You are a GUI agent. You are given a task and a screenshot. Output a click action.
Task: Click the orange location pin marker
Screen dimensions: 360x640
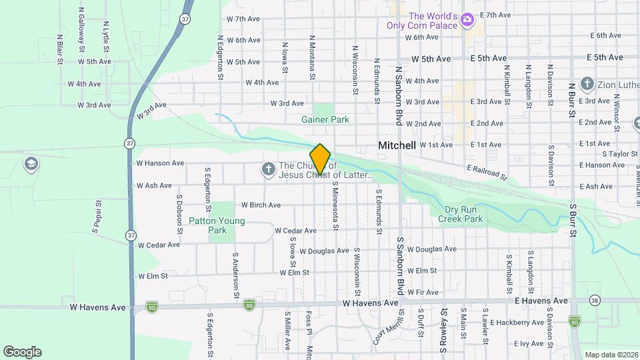point(321,159)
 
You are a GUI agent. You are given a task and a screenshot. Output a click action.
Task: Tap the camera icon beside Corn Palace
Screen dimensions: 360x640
point(468,20)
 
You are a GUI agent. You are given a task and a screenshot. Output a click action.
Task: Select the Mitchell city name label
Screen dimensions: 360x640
point(397,145)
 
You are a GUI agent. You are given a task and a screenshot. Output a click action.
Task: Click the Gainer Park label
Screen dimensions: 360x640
point(325,119)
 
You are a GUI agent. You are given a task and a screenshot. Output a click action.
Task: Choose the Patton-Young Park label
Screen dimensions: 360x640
point(217,225)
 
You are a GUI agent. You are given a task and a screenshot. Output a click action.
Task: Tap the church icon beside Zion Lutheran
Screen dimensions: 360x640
point(587,84)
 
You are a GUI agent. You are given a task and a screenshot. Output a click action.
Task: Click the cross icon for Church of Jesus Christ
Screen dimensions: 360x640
point(268,170)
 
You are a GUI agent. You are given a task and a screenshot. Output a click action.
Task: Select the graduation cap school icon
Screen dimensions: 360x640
point(30,163)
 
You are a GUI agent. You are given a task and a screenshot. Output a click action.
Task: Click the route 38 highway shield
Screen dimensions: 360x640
point(595,301)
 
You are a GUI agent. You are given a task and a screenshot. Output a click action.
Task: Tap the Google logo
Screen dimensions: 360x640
point(22,351)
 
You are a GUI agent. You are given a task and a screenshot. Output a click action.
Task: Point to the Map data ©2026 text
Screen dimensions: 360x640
point(611,355)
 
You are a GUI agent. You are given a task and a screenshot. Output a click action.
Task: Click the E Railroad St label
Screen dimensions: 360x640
point(487,173)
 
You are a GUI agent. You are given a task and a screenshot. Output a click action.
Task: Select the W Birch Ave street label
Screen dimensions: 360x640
point(261,205)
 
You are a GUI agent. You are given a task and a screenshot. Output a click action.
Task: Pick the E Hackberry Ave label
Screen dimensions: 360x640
point(517,323)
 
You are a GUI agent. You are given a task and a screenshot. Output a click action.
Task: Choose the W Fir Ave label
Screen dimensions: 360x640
point(423,292)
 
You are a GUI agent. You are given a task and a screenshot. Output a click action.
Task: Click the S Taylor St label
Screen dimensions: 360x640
point(610,154)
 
